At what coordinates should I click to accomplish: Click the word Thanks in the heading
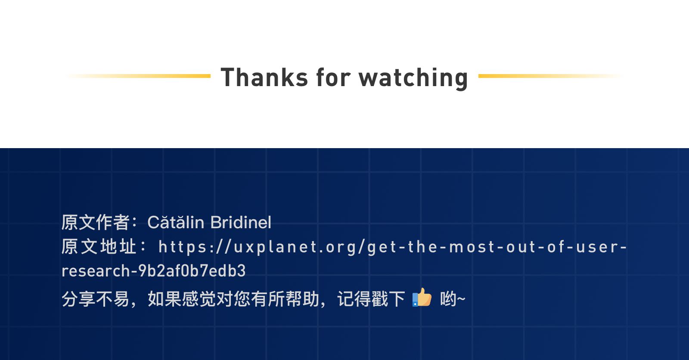(264, 77)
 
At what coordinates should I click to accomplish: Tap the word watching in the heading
(413, 78)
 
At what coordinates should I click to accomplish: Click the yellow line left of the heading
(138, 76)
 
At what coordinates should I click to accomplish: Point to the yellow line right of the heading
(551, 76)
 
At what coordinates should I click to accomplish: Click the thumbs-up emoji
(422, 297)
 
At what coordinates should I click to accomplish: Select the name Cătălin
(176, 222)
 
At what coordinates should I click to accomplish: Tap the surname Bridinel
(241, 222)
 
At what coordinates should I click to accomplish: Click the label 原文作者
(95, 222)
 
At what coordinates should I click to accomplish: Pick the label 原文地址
(99, 246)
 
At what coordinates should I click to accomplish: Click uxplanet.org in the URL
(294, 247)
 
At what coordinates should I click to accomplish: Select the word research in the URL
(96, 271)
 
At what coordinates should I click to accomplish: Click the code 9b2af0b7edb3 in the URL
(192, 270)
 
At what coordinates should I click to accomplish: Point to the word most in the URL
(472, 247)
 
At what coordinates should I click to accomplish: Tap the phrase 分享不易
(95, 298)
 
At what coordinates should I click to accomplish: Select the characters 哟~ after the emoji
(453, 298)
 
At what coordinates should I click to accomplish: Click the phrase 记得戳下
(371, 298)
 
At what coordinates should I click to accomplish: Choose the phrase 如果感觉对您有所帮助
(233, 298)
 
